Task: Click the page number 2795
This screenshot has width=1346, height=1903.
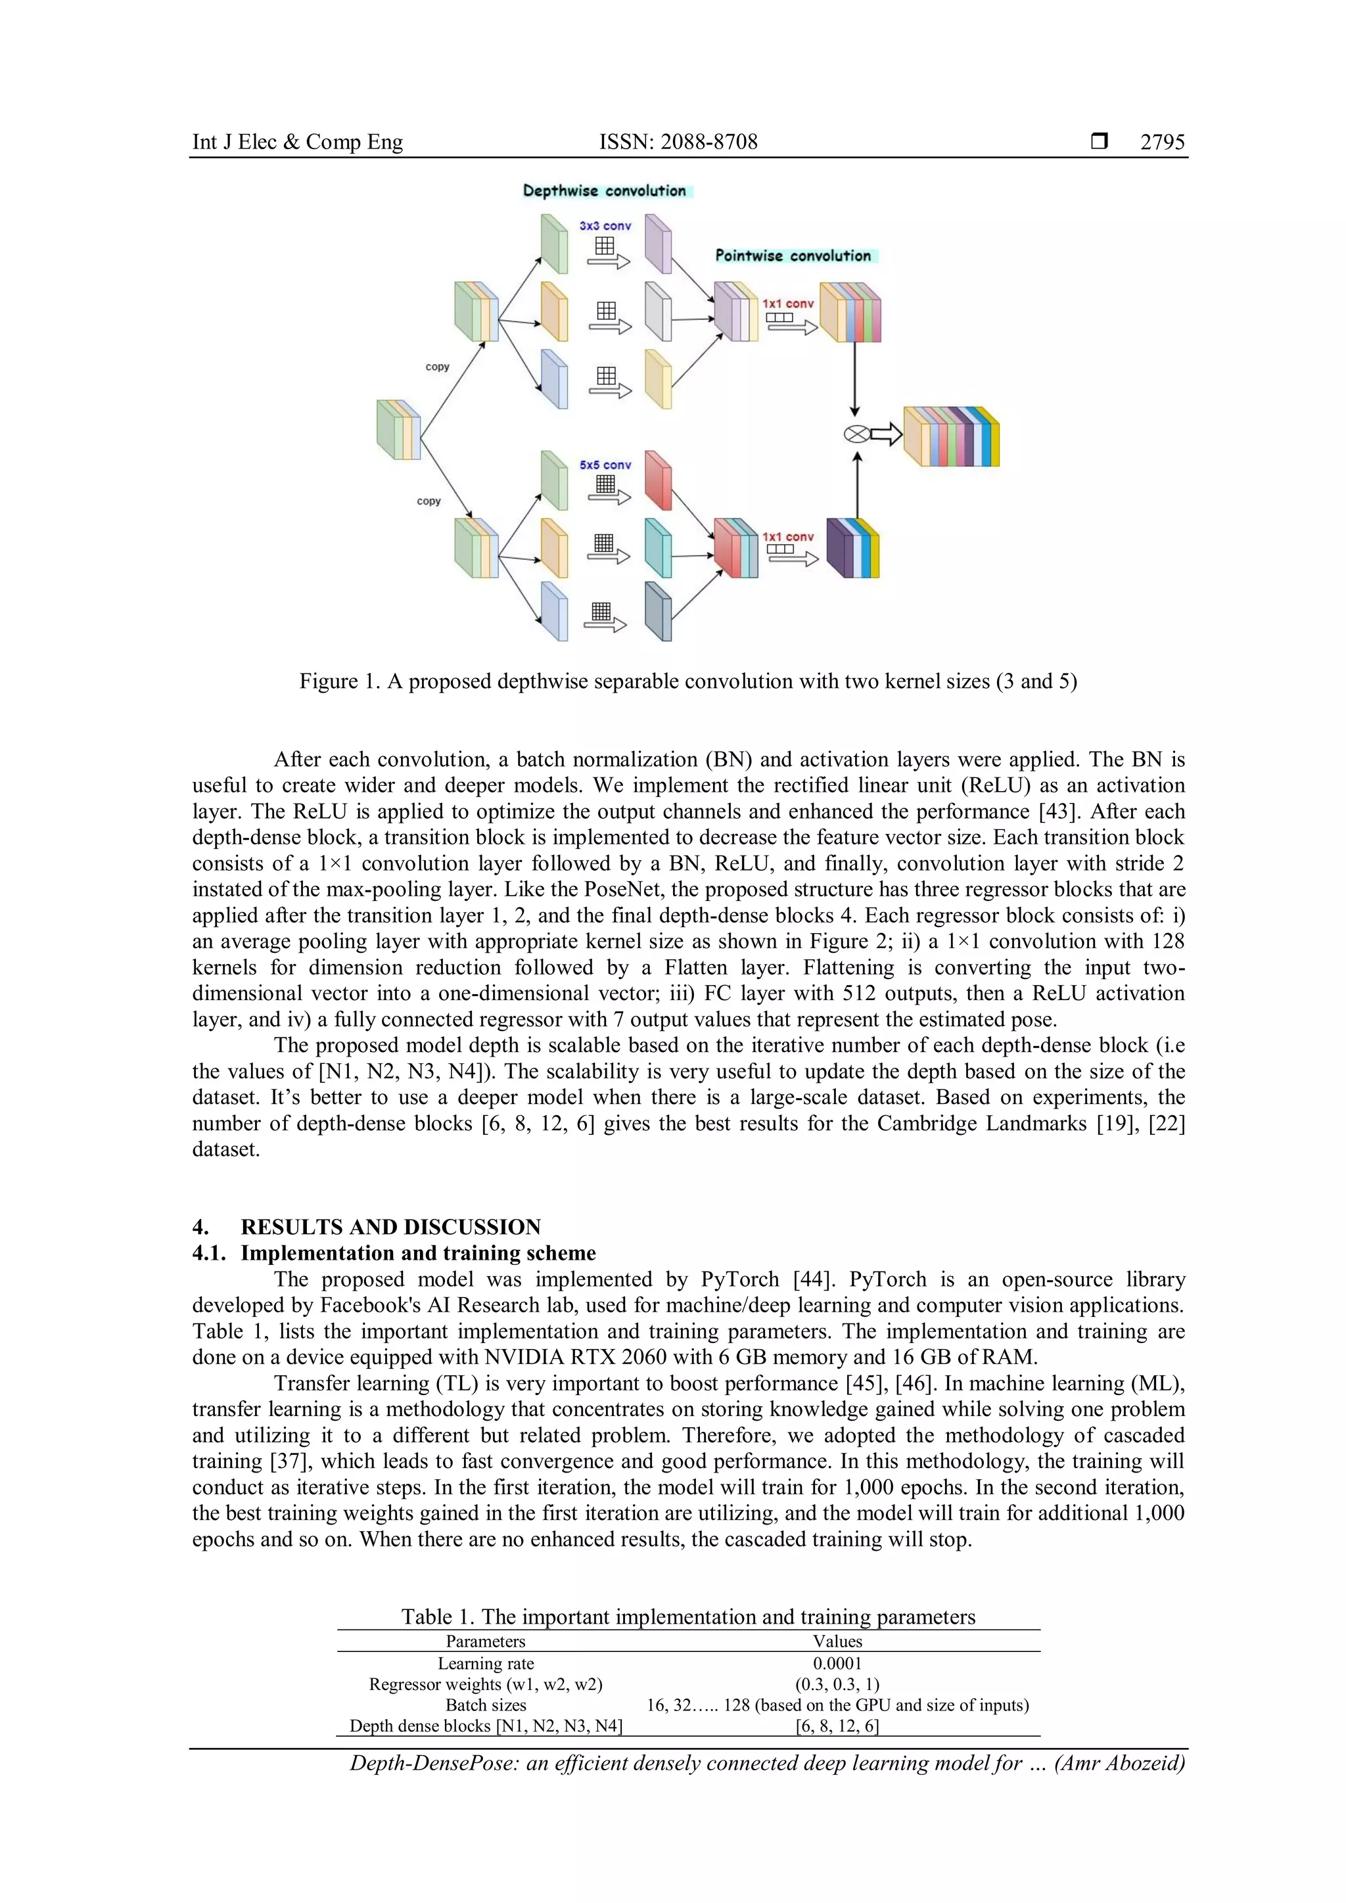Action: point(1162,142)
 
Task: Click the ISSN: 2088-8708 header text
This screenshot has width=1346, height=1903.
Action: point(678,142)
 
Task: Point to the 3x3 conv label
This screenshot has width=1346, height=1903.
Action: point(605,225)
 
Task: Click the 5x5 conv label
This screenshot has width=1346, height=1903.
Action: point(605,465)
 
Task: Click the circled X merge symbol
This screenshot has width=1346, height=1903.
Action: point(855,434)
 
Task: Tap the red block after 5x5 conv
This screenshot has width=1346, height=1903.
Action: point(657,481)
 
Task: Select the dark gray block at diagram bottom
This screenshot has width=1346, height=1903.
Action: point(657,612)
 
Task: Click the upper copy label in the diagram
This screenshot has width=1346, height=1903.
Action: point(437,367)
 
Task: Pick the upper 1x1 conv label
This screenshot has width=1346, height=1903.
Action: point(787,304)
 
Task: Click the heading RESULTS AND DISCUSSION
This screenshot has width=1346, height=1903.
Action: point(390,1227)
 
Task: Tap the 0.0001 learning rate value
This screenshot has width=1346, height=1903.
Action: point(837,1663)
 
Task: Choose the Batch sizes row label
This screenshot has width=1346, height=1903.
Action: point(486,1705)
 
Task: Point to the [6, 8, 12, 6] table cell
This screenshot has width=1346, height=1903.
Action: point(837,1726)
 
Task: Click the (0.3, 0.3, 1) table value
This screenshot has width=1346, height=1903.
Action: point(837,1684)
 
